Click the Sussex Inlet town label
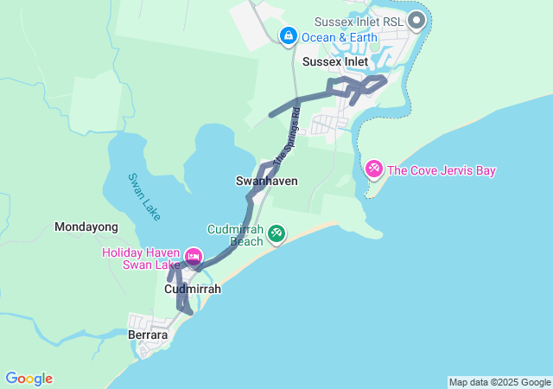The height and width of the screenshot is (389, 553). point(334,62)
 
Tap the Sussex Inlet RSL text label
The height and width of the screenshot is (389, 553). point(357,20)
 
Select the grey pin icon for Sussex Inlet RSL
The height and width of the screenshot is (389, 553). point(416,19)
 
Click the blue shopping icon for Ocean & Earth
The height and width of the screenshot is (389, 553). point(288,35)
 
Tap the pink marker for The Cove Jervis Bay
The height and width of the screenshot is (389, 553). point(374,168)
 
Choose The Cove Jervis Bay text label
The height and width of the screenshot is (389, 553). point(442,170)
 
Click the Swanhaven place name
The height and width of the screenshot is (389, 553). point(266,181)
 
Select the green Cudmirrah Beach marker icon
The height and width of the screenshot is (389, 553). point(276,233)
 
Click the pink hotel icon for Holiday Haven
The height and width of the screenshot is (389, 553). point(194,256)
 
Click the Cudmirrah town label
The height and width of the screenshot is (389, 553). point(193,289)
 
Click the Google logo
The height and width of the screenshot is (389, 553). point(29,379)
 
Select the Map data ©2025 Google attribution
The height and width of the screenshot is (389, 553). point(499,382)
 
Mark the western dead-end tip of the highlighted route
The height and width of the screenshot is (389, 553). point(271,114)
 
